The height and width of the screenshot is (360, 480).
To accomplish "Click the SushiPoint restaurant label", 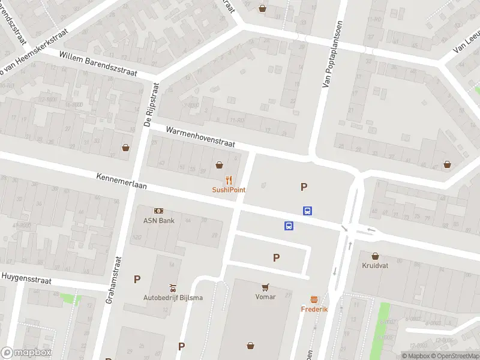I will click(x=229, y=190).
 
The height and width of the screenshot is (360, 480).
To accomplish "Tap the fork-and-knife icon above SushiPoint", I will click(x=229, y=179).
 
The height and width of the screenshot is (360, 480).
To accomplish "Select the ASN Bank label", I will click(x=158, y=220).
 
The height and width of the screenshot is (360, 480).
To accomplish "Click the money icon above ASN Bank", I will click(x=158, y=211).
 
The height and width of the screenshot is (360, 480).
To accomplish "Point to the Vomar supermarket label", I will click(x=265, y=296).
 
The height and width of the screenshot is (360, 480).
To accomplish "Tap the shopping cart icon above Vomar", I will click(x=265, y=287).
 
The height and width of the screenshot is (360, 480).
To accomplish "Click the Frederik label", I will click(x=314, y=309).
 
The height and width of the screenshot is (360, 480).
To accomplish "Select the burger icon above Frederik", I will click(x=314, y=299).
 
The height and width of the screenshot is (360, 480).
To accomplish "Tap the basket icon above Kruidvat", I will click(x=376, y=256).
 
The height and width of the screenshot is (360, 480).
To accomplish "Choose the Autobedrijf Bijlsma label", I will click(x=172, y=298).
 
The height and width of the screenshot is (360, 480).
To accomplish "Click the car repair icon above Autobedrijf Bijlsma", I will click(x=173, y=287).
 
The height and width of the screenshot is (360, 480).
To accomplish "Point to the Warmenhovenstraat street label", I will click(x=200, y=137).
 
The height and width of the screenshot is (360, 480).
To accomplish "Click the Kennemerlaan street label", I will click(x=121, y=182).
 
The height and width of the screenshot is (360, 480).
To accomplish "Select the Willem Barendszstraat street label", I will click(x=98, y=64).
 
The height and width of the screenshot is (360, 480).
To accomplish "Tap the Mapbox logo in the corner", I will click(x=26, y=353).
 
